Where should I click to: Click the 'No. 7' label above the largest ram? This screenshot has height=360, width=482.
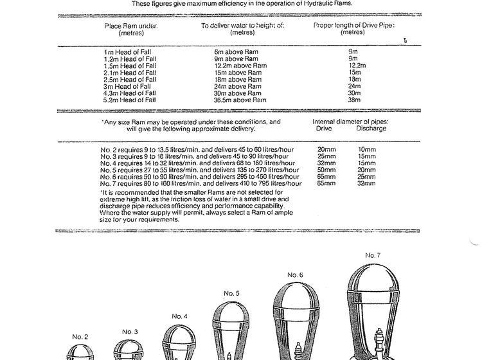point(373,255)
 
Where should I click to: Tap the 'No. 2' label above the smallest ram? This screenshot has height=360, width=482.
point(80,336)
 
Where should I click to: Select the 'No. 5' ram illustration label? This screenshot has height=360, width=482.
point(232,294)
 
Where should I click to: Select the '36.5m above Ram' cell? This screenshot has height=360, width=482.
point(240,100)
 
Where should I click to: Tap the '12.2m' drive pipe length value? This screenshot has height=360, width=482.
point(357,65)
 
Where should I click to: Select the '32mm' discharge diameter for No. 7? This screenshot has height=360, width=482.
point(366,183)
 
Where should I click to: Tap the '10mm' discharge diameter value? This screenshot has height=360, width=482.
point(366,149)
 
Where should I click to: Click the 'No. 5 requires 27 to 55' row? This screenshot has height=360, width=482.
point(200,170)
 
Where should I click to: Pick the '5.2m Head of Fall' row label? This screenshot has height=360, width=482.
point(130,100)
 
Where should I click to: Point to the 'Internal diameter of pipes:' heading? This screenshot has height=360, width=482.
point(350,121)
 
